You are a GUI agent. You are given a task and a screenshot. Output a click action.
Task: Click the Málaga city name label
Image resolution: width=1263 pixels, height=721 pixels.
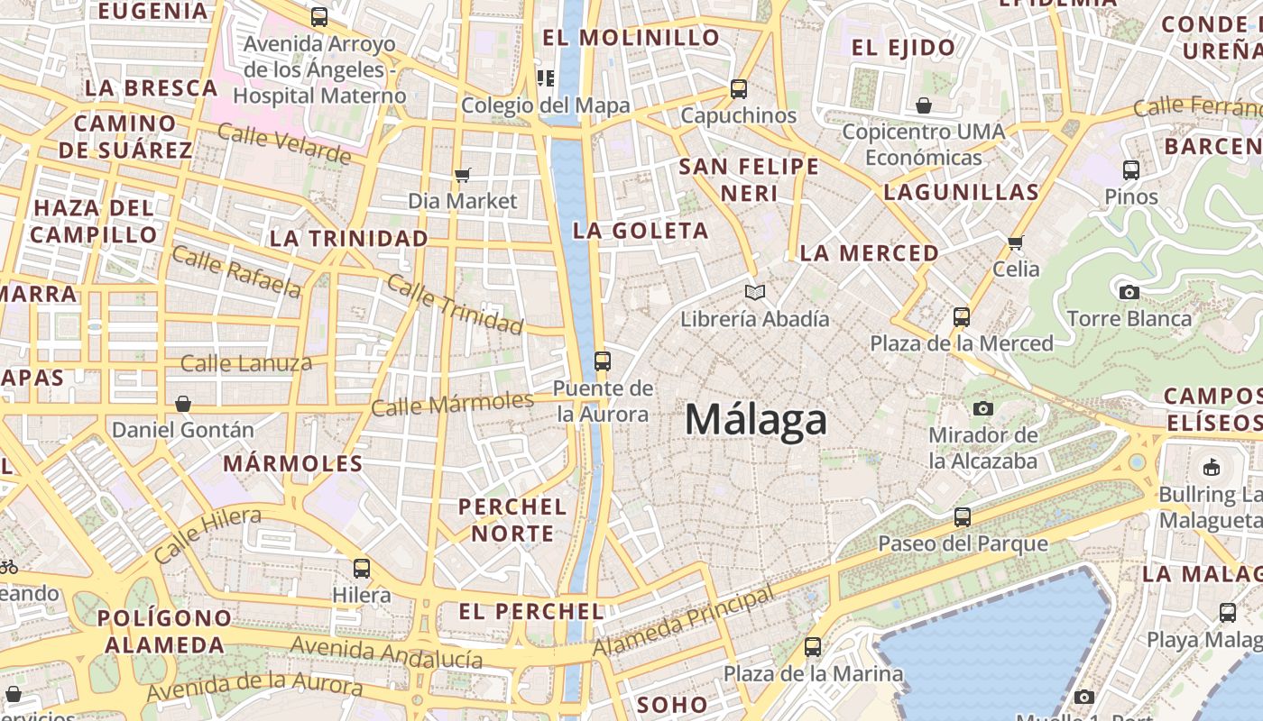coord(756,420)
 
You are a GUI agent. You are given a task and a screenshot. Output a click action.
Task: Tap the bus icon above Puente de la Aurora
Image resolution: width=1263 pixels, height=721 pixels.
coord(603,361)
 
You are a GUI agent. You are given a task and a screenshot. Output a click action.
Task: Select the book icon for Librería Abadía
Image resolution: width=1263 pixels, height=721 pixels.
coord(755,292)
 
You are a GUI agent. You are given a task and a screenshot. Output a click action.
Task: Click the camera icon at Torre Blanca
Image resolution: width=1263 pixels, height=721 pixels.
coord(1129,292)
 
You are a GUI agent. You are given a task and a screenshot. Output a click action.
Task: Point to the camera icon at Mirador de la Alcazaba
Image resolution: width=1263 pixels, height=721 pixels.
coord(983,408)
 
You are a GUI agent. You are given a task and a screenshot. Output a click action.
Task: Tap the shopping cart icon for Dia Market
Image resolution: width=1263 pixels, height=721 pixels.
coord(463,175)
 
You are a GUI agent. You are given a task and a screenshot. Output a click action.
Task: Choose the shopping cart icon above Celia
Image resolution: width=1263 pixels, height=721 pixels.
coord(1016,242)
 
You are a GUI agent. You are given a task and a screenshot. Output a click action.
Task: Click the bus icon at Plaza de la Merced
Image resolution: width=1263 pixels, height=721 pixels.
coord(962,317)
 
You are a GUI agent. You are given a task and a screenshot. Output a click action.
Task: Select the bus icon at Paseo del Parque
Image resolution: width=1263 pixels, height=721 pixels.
coord(963,517)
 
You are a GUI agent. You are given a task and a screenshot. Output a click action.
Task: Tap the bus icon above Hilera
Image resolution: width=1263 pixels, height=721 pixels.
coord(362,569)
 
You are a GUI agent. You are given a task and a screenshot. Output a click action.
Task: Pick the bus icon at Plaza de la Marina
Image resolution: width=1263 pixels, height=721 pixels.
coord(813,647)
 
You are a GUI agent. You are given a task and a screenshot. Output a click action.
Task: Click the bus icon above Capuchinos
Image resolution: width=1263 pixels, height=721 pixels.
coord(739,89)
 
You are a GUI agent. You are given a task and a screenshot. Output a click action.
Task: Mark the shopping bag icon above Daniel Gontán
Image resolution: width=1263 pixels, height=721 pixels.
coord(183,404)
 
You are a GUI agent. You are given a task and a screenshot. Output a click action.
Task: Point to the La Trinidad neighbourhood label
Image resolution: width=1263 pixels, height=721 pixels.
coord(349,239)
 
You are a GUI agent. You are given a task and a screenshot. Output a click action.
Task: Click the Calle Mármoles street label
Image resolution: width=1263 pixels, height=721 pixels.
coord(453,404)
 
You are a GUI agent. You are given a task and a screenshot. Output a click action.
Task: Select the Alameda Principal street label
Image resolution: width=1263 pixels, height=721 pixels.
coord(683,622)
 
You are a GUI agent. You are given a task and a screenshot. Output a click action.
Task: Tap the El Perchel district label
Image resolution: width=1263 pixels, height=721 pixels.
coord(531,612)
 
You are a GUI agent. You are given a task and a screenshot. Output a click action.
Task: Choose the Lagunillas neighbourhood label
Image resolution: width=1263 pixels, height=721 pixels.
coord(962,192)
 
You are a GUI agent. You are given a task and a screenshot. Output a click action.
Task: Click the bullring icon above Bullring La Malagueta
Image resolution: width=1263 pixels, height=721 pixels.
coord(1212,468)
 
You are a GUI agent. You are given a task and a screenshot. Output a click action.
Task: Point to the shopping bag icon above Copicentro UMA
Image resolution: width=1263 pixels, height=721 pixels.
coord(924,106)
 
